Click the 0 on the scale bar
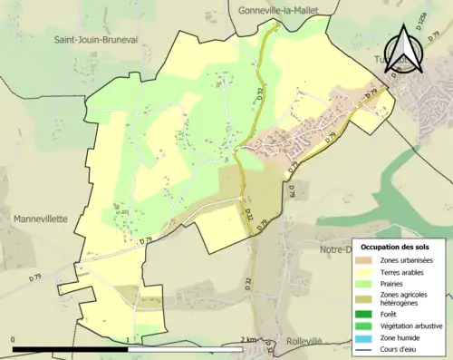[x=14, y=340]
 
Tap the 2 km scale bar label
[x=250, y=340]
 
